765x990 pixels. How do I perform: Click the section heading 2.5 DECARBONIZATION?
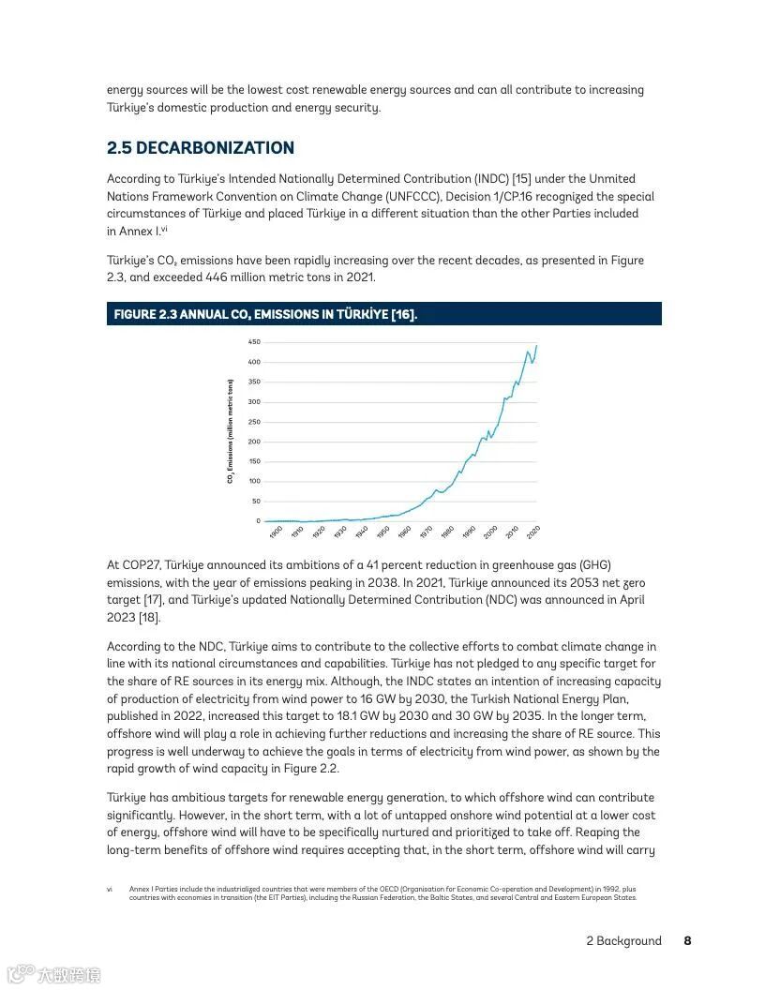(201, 148)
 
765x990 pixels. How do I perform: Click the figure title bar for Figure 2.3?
(383, 314)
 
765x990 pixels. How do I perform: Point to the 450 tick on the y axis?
(254, 342)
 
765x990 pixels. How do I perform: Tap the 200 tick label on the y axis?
(254, 442)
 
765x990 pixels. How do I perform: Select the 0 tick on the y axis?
(258, 521)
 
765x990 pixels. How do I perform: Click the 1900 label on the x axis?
(276, 532)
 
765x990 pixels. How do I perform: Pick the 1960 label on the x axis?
(404, 532)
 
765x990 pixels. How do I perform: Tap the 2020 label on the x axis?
(533, 532)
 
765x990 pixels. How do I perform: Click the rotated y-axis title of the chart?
(230, 431)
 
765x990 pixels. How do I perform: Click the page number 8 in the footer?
(687, 941)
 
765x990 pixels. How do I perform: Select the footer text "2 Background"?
(623, 941)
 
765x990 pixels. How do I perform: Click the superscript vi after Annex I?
(163, 229)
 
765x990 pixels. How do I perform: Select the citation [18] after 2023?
(150, 618)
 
